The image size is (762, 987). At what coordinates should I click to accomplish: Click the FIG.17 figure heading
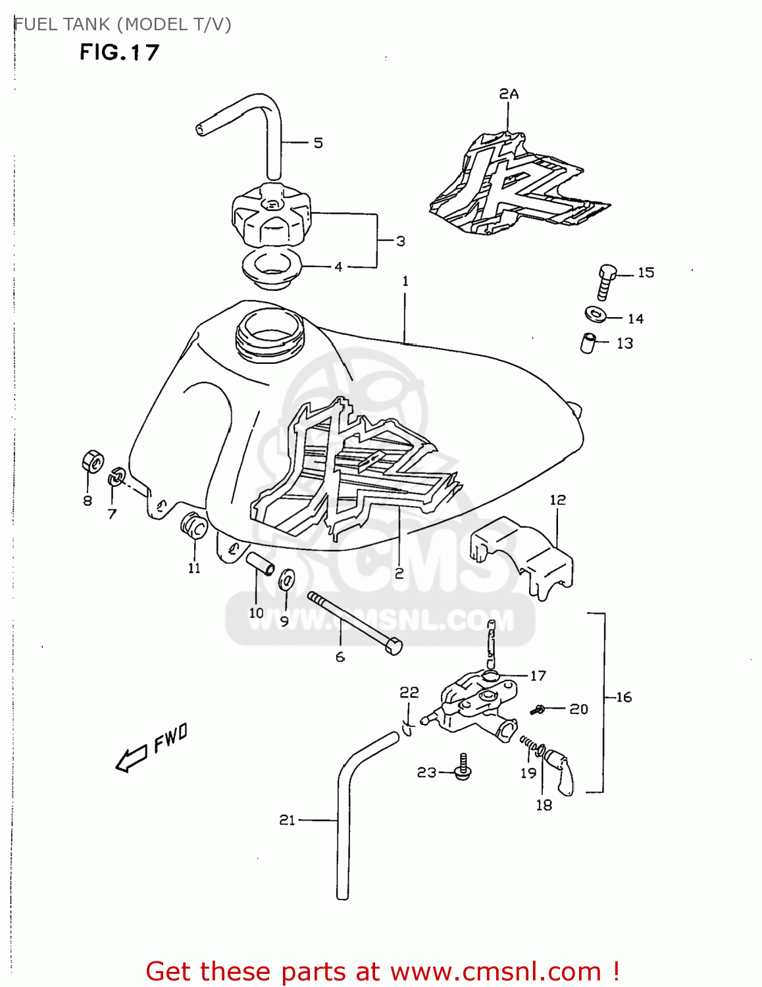tap(119, 53)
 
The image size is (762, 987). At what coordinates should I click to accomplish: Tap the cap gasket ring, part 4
tap(271, 268)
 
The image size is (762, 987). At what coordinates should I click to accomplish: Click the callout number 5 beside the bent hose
tap(318, 143)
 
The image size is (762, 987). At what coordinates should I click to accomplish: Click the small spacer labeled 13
tap(588, 343)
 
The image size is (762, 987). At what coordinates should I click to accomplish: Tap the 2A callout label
tap(509, 94)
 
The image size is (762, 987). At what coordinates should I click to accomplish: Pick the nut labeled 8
tap(93, 462)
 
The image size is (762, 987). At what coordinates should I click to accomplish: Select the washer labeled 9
tap(287, 578)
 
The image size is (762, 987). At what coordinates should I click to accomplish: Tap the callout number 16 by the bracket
tap(624, 697)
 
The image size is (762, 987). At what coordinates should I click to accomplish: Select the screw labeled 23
tap(463, 768)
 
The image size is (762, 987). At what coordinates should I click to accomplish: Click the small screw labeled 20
tap(538, 709)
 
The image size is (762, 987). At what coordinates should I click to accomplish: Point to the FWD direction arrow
tap(131, 759)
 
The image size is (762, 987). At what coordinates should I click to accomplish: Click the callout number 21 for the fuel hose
tap(287, 820)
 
